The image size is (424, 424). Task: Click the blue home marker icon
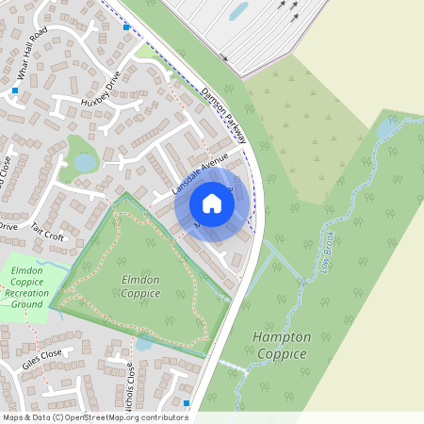coord(212,204)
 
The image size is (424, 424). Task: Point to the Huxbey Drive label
coord(102,87)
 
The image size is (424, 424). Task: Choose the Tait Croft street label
coord(47,233)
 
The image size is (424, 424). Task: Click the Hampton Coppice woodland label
coord(281,345)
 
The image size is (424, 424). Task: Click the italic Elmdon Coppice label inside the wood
coord(140,286)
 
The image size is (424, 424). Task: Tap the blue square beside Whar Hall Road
coord(15,90)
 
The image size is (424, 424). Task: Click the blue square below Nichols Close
coord(187,403)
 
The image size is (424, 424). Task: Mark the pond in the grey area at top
coord(239,11)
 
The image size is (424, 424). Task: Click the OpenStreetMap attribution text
coord(94,417)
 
